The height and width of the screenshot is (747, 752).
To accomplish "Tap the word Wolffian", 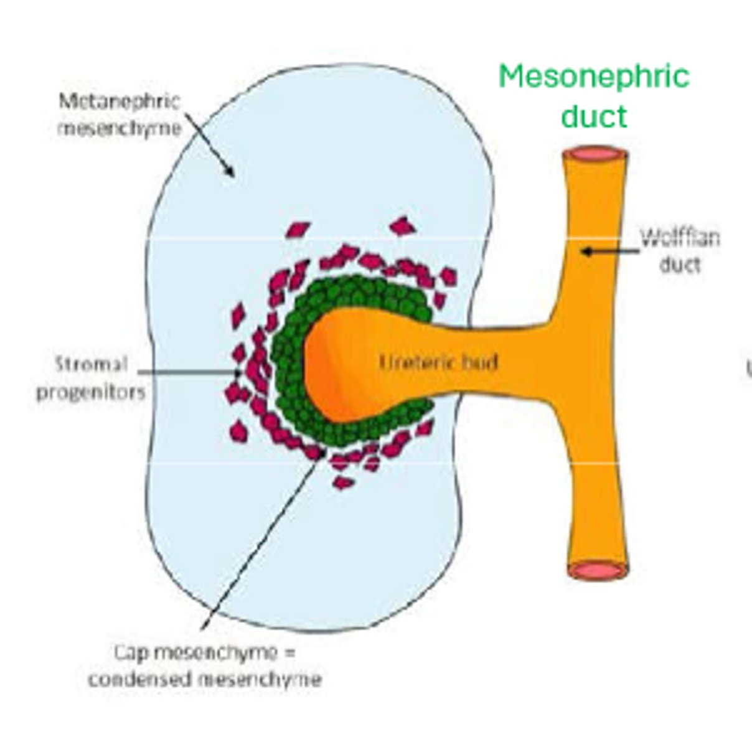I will tap(680, 238).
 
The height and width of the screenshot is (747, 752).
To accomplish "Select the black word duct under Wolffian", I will tap(680, 265).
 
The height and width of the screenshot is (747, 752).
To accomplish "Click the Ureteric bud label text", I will tap(438, 362).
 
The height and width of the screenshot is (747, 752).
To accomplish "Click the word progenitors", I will tap(91, 392).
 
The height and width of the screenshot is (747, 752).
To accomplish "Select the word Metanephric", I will tap(119, 101).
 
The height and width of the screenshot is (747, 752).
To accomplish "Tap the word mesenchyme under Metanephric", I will tap(119, 128).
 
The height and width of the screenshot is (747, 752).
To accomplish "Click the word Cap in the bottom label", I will tap(131, 652).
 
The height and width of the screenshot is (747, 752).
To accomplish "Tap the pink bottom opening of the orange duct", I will tap(597, 570).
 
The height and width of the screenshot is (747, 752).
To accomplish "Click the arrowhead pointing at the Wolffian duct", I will tap(585, 251).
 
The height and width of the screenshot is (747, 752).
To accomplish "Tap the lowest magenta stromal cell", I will tap(342, 482).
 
